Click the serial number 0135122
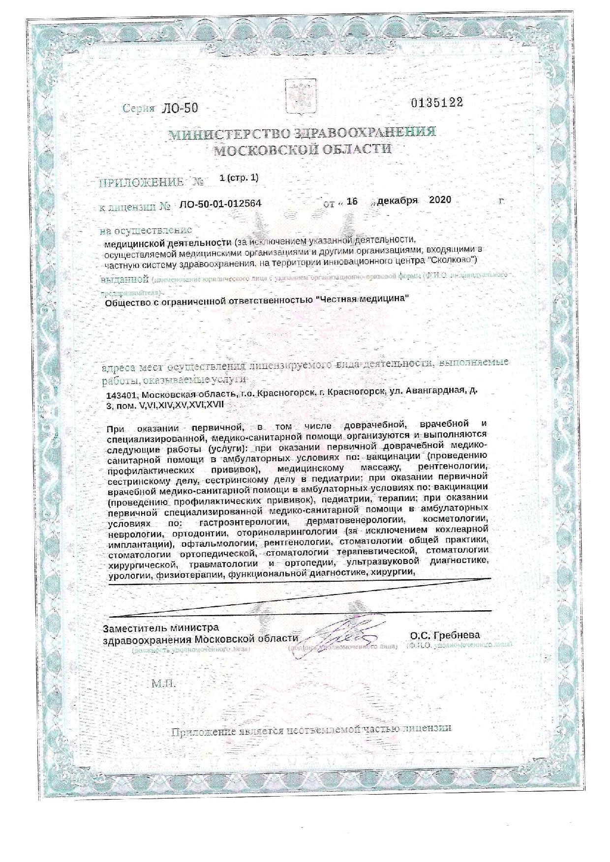[437, 102]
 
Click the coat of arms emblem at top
[302, 96]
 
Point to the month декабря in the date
[398, 201]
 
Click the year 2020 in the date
[440, 200]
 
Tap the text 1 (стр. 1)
[240, 178]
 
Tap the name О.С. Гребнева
[445, 635]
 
